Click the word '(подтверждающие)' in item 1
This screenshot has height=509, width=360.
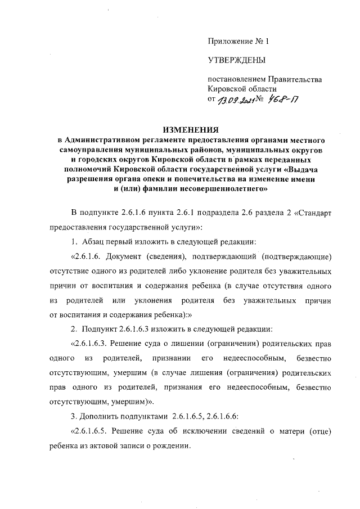point(295,256)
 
